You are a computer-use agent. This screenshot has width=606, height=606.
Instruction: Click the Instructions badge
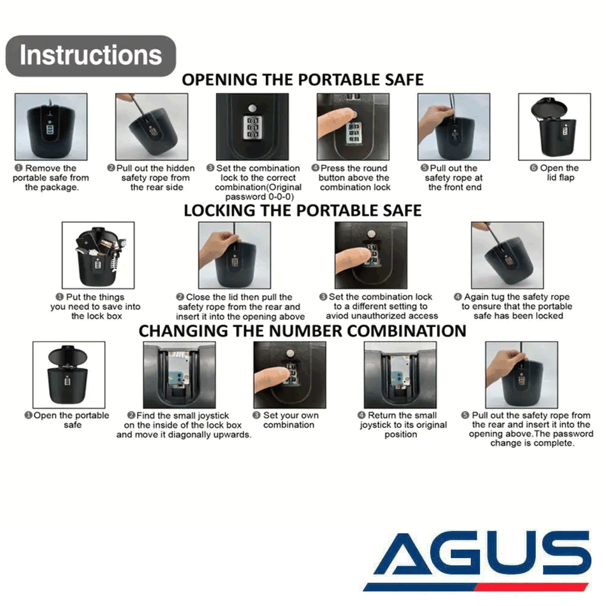(x=91, y=56)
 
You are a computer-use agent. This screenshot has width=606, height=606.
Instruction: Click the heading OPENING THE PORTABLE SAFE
(x=302, y=80)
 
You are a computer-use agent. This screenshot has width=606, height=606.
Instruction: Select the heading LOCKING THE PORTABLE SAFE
(x=302, y=211)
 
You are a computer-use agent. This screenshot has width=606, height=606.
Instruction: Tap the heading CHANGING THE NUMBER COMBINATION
(x=302, y=331)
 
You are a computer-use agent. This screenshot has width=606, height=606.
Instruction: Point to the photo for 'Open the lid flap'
(x=554, y=127)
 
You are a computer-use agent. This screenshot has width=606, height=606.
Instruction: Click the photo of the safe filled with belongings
(x=98, y=255)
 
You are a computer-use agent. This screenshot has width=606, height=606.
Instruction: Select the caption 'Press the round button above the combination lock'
(x=355, y=178)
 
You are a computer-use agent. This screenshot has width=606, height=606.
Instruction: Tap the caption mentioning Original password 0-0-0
(x=255, y=182)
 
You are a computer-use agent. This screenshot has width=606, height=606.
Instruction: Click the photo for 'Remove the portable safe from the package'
(x=51, y=127)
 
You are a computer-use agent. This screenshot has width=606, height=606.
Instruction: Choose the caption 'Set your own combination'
(x=287, y=420)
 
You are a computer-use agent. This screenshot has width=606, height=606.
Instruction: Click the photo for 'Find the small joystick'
(x=179, y=375)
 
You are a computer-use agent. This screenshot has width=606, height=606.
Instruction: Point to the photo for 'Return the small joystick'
(x=401, y=375)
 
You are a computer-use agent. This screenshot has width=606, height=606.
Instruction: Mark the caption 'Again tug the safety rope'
(x=513, y=306)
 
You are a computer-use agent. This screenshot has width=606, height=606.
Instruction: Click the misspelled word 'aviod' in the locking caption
(x=337, y=316)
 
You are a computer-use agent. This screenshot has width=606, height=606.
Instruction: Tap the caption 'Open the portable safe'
(x=67, y=420)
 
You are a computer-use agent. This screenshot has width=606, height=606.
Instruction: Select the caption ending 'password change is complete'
(x=528, y=429)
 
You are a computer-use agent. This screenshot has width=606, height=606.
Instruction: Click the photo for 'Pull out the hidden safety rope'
(x=152, y=127)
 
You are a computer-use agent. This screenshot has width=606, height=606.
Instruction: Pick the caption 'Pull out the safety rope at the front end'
(x=452, y=178)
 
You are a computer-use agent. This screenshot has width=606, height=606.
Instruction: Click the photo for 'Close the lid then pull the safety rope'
(x=235, y=255)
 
